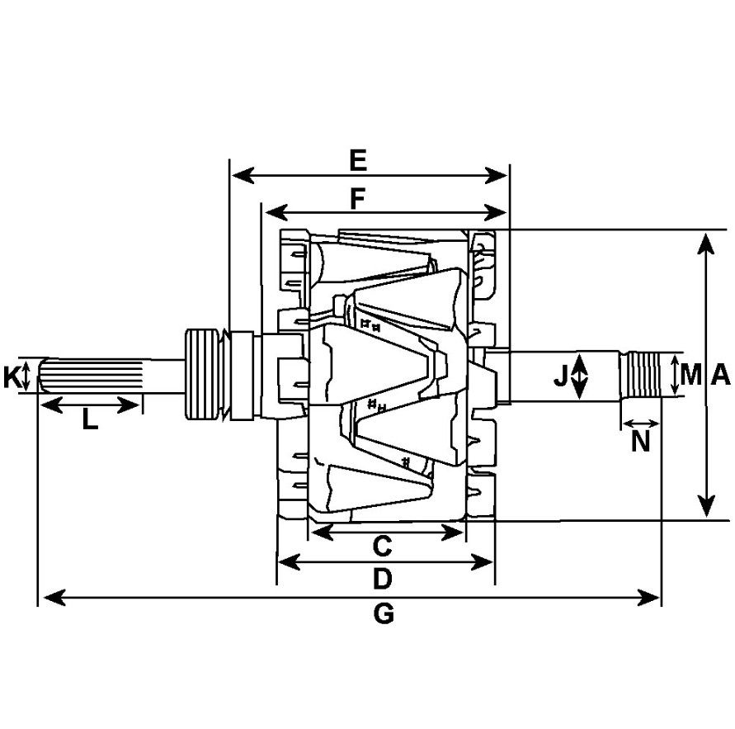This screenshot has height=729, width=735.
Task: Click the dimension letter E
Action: (x=358, y=160)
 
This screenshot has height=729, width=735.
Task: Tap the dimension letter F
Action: (x=358, y=199)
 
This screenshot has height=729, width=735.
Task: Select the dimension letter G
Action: (x=384, y=613)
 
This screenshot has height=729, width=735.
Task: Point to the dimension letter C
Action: (x=383, y=546)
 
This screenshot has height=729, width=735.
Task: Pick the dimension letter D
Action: (x=382, y=579)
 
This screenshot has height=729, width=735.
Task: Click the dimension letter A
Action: (x=720, y=374)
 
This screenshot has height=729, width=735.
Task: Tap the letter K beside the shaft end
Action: (x=12, y=377)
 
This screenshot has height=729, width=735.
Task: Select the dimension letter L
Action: (x=90, y=419)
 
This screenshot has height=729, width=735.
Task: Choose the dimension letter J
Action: (x=561, y=376)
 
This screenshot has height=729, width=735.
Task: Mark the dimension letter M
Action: (x=691, y=374)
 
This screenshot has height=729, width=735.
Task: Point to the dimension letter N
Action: (x=640, y=441)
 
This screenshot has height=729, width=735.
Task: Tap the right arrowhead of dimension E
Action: (x=496, y=176)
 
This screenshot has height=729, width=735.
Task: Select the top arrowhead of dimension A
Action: (x=705, y=244)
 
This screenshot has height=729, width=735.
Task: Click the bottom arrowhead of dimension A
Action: (x=705, y=506)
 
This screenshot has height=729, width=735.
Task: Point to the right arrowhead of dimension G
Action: (x=648, y=598)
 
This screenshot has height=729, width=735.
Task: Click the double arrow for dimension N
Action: (x=641, y=424)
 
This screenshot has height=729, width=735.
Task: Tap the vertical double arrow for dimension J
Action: (x=580, y=376)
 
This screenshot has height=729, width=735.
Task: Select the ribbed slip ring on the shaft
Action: (x=202, y=374)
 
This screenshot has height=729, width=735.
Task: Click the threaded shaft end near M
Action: (x=640, y=376)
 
